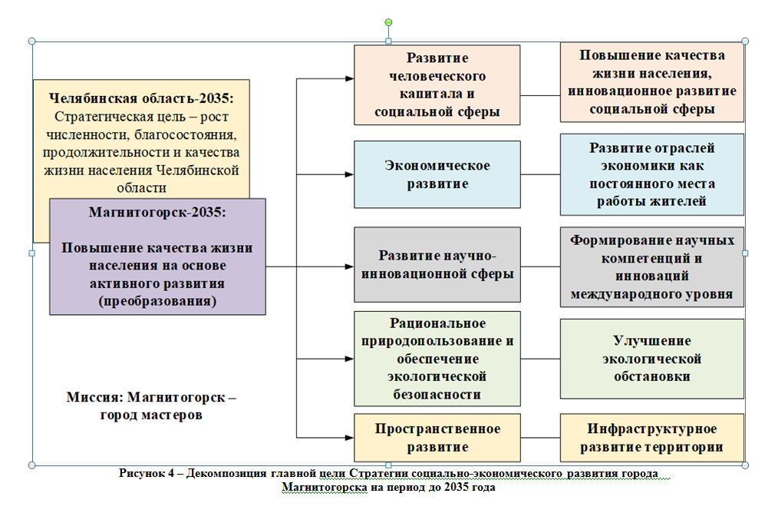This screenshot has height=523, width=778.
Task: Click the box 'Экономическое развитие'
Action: coord(437,174)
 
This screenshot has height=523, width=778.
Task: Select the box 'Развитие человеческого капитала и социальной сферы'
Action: coord(437,84)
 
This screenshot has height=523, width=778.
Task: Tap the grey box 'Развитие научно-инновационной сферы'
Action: coord(437,264)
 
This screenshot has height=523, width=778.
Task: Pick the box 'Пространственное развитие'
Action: coord(437,438)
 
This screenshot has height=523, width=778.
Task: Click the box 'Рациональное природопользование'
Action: coord(437,359)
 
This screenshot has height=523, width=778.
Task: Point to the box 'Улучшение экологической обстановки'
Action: coord(651,359)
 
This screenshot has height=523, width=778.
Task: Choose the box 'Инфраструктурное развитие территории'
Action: coord(651,438)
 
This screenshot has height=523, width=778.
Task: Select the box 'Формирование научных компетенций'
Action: coord(651,266)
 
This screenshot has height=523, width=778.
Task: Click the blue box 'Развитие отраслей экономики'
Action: coord(651,174)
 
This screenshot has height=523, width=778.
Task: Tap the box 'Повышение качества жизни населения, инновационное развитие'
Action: coord(651,82)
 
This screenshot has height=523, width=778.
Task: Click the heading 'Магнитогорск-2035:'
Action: coord(157,212)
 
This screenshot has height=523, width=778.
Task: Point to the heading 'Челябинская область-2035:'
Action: coord(141,99)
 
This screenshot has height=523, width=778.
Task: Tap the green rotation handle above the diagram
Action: coord(389,22)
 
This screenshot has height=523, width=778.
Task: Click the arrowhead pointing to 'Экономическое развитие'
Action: coord(349,174)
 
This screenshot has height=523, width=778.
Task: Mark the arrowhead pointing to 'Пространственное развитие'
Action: coord(349,438)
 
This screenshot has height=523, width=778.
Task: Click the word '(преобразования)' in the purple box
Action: coord(157,302)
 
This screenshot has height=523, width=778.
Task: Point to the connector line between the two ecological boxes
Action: coord(540,359)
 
